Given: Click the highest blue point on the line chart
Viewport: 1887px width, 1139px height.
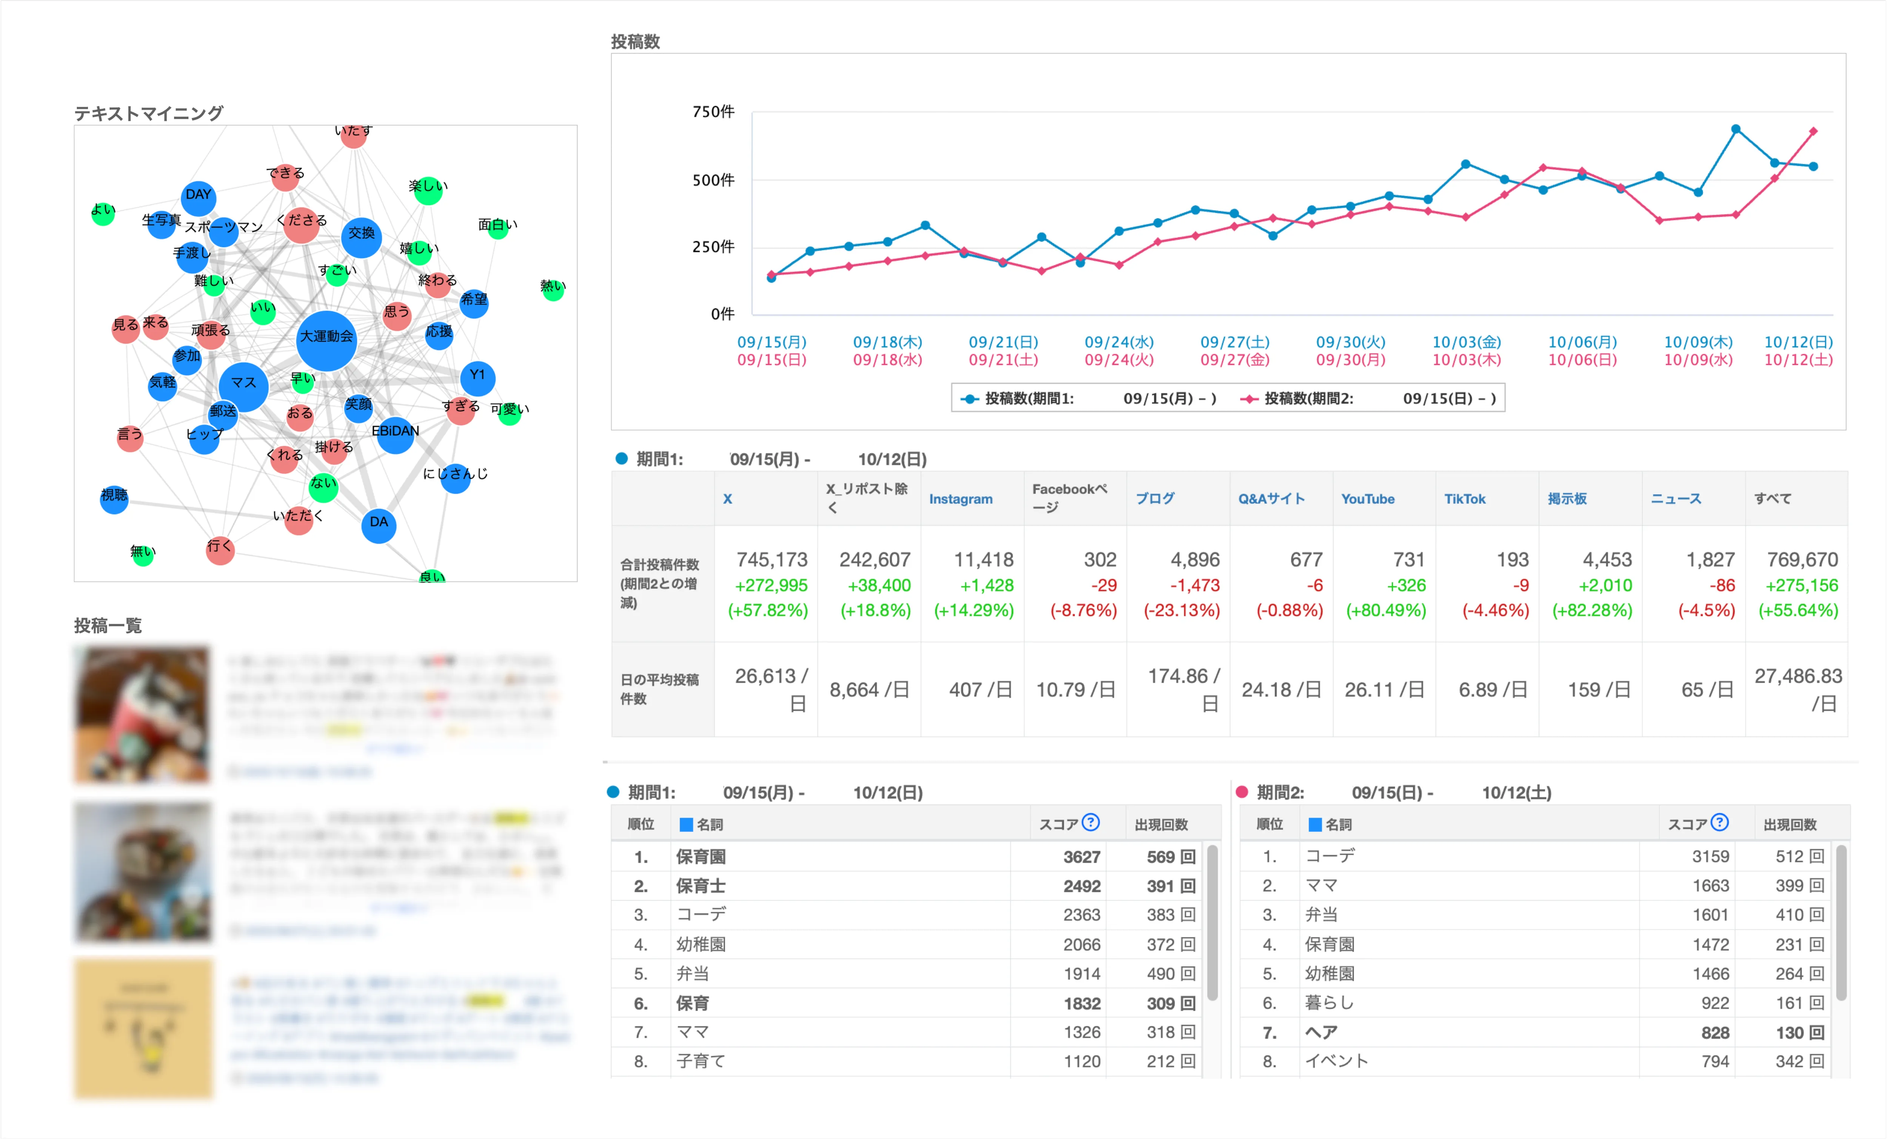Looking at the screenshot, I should click(1735, 129).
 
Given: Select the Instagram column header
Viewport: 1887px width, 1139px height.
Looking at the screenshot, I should click(960, 499).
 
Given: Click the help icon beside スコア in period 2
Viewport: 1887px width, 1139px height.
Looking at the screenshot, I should click(1719, 823).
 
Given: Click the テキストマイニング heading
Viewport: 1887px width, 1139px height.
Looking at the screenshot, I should click(149, 113).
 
